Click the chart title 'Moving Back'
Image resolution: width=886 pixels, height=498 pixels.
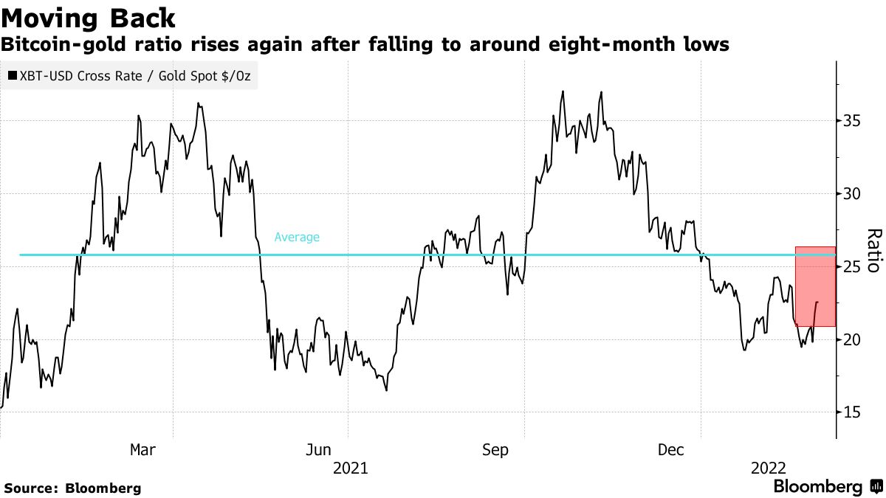pos(89,18)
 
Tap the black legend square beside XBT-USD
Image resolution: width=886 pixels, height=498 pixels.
pos(13,75)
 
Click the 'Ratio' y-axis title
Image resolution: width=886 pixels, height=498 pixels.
pos(873,251)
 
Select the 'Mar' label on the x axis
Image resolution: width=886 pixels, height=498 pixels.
pos(142,449)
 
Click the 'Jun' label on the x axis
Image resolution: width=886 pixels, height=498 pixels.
pos(318,449)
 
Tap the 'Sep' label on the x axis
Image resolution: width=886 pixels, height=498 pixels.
pos(495,449)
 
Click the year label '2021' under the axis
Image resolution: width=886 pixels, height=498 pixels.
pos(349,468)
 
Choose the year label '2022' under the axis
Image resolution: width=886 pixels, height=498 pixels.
pos(767,468)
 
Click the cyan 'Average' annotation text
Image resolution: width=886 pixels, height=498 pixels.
pos(297,238)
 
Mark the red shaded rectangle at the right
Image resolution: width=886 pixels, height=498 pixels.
pos(815,286)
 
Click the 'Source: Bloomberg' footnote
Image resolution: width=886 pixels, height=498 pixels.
pos(72,488)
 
